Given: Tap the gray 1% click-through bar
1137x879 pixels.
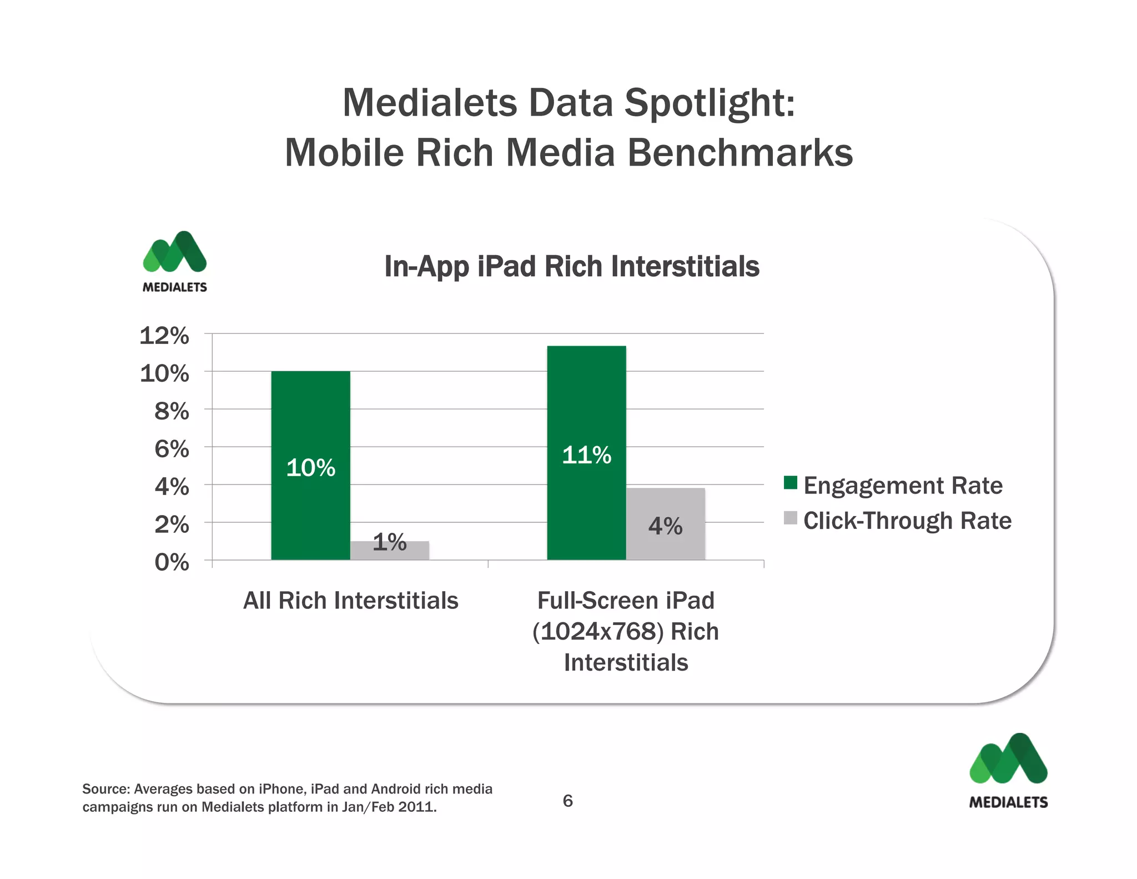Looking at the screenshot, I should coord(390,550).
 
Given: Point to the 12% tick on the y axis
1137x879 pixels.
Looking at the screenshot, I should coord(164,336).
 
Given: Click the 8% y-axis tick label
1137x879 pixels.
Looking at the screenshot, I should coord(172,411).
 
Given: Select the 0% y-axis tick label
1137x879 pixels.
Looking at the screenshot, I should coord(172,562).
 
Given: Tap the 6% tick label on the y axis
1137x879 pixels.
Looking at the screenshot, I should coord(172,449).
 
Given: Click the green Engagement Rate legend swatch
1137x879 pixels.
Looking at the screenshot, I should coord(790,483).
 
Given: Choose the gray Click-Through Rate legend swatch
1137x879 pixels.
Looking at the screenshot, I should coord(790,518).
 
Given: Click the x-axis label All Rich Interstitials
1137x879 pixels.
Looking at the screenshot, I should coord(351,601).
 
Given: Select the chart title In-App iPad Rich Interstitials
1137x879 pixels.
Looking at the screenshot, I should coord(571,266).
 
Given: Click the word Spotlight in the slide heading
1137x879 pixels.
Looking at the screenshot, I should coord(709,103).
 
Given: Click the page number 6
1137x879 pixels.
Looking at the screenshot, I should coord(567,801).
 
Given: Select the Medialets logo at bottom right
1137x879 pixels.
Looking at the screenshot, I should coord(1008,770).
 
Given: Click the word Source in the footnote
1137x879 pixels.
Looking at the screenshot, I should coord(105,789).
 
